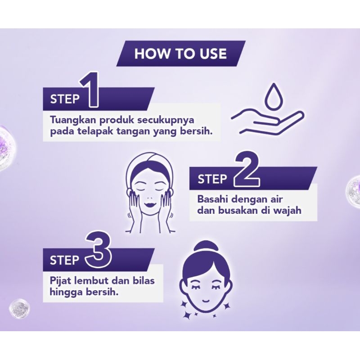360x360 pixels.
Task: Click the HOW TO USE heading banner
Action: (x=180, y=54)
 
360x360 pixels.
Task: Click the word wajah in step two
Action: (x=288, y=210)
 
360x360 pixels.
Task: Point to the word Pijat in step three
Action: (x=59, y=281)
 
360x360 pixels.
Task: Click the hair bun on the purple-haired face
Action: (x=206, y=247)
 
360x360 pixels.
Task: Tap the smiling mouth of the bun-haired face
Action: (x=206, y=299)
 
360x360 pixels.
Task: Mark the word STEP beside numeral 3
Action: (x=64, y=260)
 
